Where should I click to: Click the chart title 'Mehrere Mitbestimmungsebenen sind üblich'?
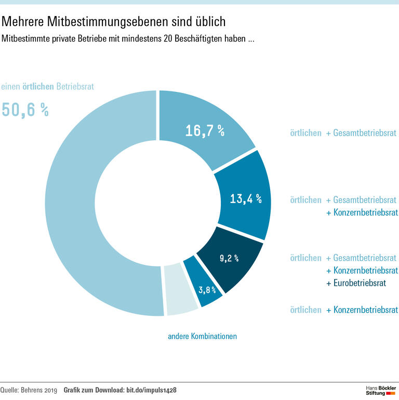[114, 22]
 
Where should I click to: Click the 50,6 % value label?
[25, 110]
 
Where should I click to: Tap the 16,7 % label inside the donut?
[205, 131]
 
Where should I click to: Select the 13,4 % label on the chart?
[246, 198]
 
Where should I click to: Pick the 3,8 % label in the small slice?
[207, 289]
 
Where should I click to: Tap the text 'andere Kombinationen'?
[202, 336]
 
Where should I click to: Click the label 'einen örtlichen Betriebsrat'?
[47, 87]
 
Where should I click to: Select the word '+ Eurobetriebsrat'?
[356, 283]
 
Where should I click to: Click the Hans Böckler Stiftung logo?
[381, 391]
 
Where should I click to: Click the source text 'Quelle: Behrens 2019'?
[29, 390]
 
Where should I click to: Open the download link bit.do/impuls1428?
[155, 390]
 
